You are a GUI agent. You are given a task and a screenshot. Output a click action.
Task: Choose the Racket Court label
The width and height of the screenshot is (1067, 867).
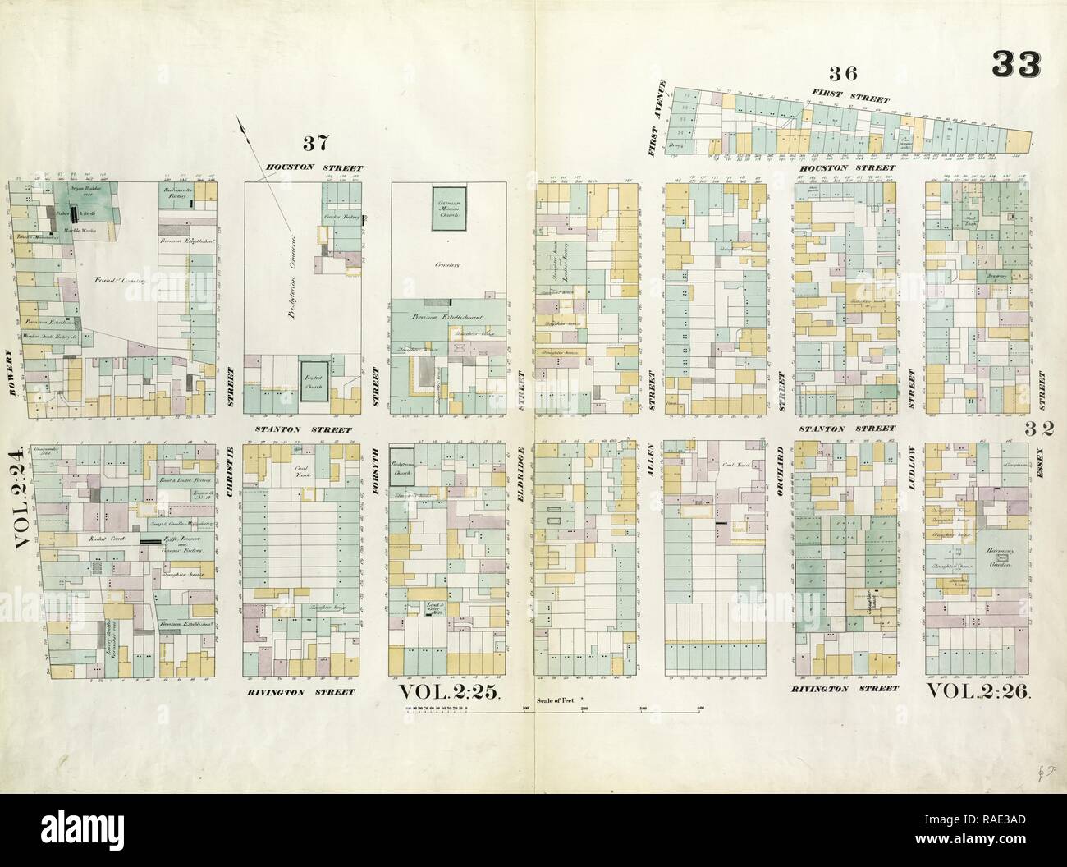[x=91, y=540]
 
